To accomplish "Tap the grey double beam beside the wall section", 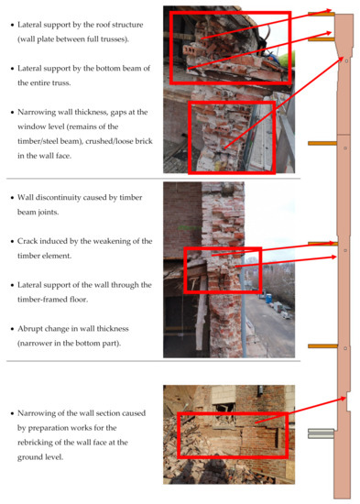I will pyautogui.click(x=321, y=432).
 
